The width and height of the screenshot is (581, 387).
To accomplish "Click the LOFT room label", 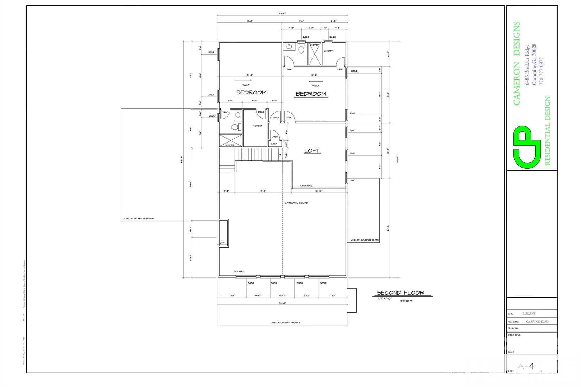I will pos(312,151).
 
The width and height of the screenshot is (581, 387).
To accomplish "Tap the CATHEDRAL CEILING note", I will pos(296,203).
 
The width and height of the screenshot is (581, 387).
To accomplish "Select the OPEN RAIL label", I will pos(306,185).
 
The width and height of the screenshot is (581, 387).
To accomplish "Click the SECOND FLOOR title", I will pos(400,293).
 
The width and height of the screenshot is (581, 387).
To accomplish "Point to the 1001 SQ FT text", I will pos(406,301).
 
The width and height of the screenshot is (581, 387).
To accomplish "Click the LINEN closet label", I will pos(274,143).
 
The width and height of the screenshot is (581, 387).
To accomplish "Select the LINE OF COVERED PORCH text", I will pos(285,323).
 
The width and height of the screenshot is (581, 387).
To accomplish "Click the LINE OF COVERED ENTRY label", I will pos(365,240).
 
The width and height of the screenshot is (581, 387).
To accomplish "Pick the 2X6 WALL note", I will pos(239,272).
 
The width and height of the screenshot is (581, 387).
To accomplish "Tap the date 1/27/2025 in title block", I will pos(529,314).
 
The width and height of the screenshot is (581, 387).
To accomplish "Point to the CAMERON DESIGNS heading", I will pos(517,64).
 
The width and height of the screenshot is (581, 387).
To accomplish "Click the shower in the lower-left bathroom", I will pos(231,140).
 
